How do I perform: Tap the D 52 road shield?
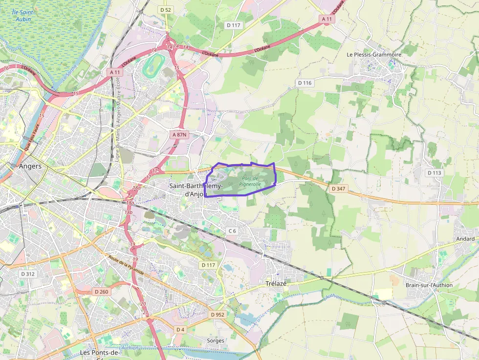coord(166,10)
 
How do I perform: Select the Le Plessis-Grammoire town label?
coord(374,55)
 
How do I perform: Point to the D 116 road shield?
coord(305,83)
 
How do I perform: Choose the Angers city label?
coord(30,166)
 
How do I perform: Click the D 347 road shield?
coord(338,188)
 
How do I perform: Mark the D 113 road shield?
coord(434,173)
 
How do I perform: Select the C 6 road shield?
coord(232,231)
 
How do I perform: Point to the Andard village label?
coord(465,239)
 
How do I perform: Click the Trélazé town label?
coord(276,283)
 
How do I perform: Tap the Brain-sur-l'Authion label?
coord(429,285)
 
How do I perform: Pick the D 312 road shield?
coord(28,274)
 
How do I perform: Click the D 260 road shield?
coord(101,292)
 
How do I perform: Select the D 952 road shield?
coord(218,315)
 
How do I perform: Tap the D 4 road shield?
coord(180,329)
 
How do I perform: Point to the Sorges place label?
coord(216,340)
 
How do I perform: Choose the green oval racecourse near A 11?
coord(154,65)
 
